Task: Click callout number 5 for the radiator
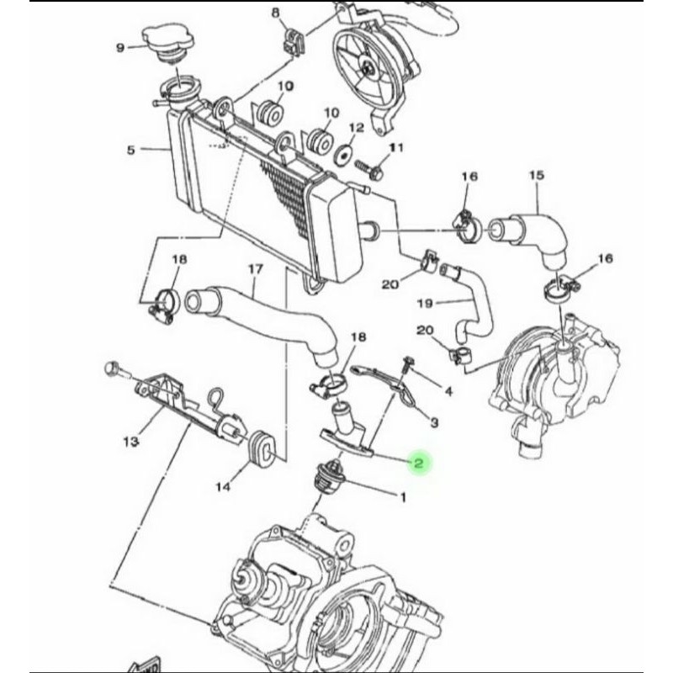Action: point(130,151)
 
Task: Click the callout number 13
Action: point(130,442)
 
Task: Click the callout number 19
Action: point(424,302)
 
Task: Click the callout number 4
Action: point(448,392)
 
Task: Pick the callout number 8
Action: point(274,12)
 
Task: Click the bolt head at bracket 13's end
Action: point(112,368)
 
